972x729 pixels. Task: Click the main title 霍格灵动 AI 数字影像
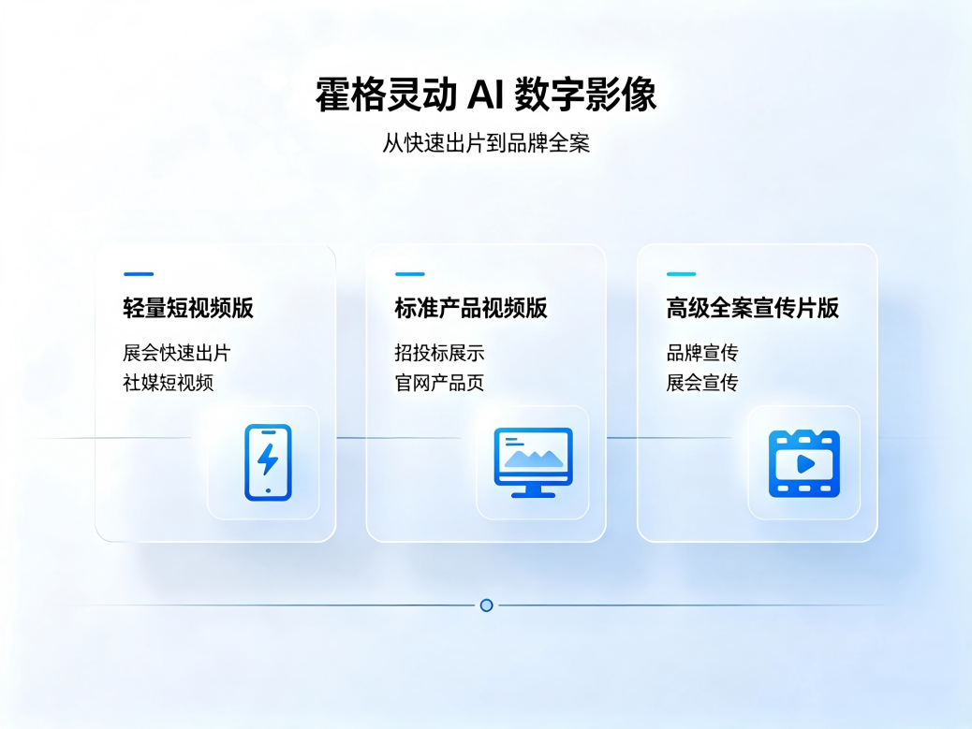486,95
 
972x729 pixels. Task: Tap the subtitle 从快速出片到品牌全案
486,143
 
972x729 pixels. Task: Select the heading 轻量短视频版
188,308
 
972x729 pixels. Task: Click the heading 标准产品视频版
471,308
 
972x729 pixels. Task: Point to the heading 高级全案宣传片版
753,308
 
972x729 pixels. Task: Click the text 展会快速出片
177,353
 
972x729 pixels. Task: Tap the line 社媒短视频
168,383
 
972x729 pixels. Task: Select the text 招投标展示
439,353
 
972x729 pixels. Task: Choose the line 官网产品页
439,383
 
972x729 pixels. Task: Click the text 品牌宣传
702,353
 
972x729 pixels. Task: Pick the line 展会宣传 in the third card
702,383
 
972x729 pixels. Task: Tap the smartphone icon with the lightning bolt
268,462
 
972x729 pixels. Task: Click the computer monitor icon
533,462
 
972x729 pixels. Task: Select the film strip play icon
804,463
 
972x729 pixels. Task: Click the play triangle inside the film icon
805,463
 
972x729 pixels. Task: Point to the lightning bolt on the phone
268,459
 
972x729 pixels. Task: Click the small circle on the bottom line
487,605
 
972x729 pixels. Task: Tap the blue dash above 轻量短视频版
139,274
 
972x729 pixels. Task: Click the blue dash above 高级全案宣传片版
682,274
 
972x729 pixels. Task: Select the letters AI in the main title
483,95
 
